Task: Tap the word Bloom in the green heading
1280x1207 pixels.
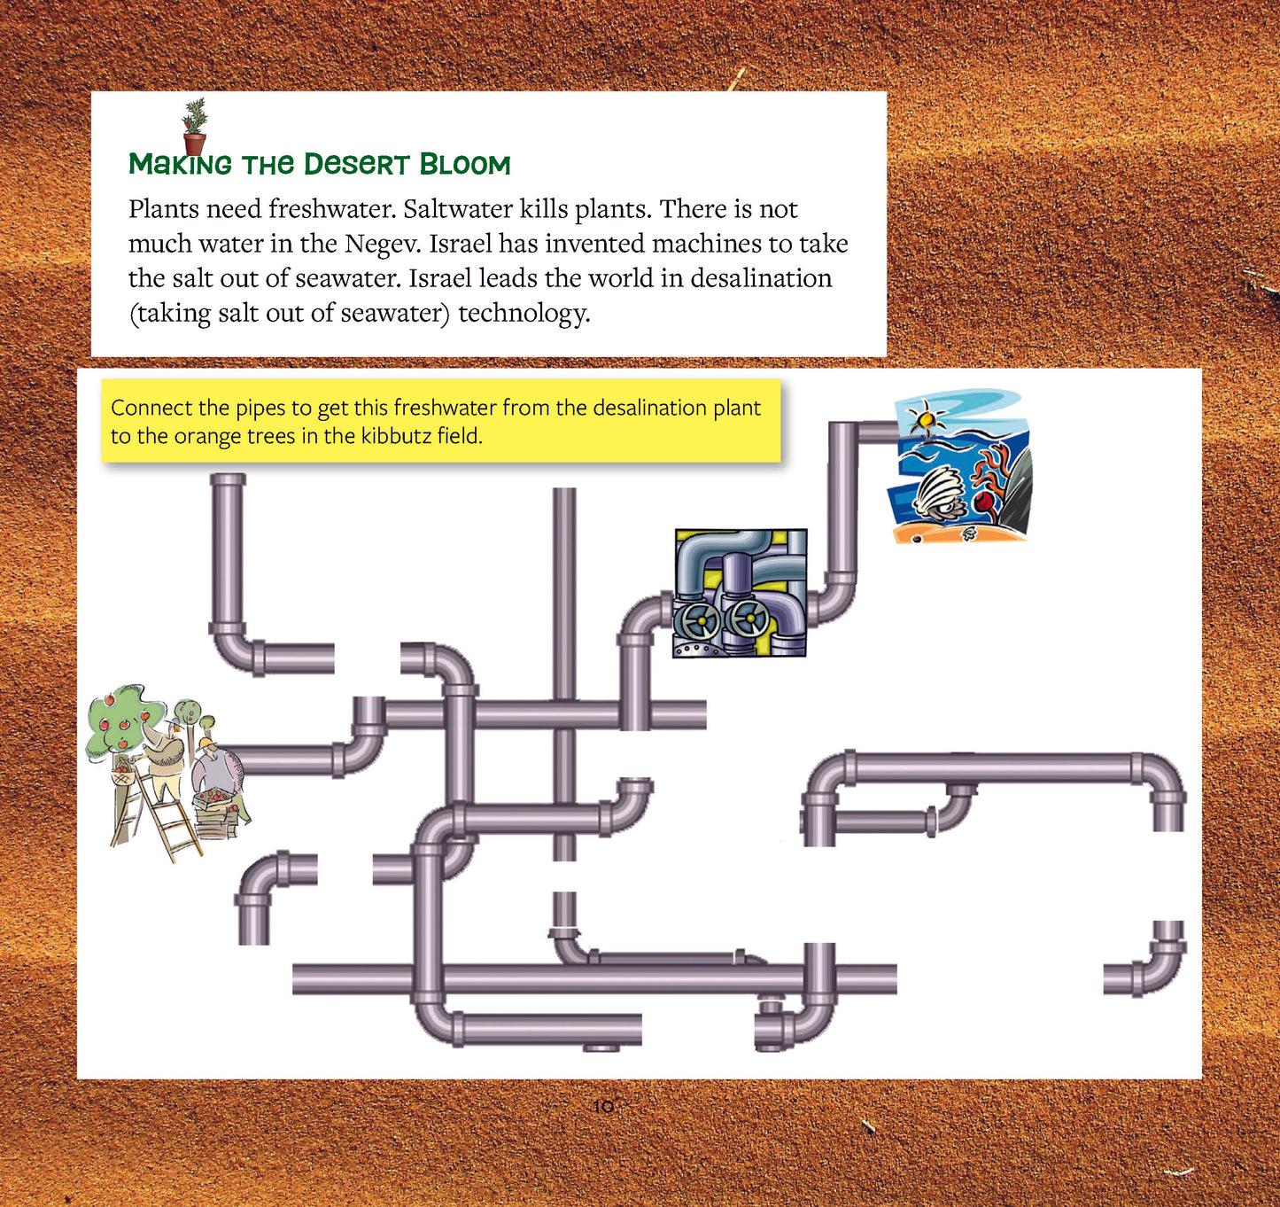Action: coord(464,165)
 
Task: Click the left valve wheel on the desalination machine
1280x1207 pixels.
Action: coord(699,620)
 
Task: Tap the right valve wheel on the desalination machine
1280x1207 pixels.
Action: coord(749,618)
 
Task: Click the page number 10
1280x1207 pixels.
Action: coord(603,1106)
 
